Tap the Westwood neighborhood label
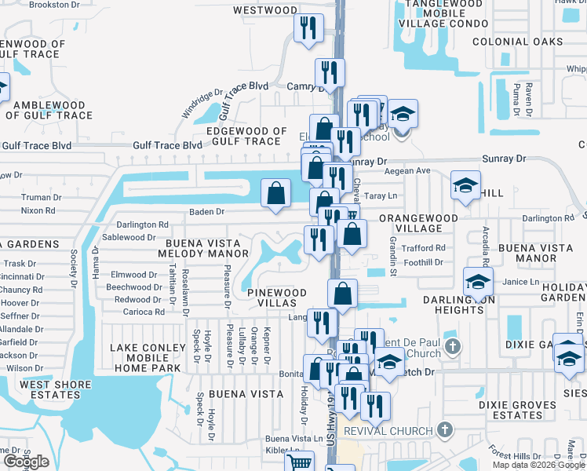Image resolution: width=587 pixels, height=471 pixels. click(265, 10)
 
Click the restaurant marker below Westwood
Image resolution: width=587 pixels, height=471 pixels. click(308, 28)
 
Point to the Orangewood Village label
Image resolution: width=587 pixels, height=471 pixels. click(411, 223)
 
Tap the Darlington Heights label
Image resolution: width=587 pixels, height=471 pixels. click(454, 305)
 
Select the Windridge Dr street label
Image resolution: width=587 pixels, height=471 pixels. click(196, 104)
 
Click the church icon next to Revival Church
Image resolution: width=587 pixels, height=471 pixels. click(445, 429)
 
